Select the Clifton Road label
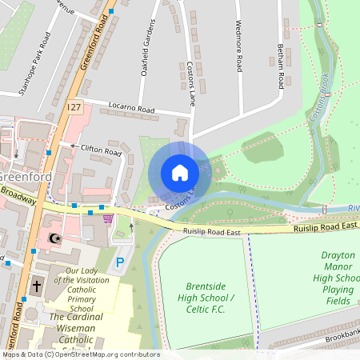tap(101, 150)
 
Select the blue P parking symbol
tap(121, 262)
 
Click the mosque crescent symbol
tap(54, 238)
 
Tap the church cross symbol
tap(36, 285)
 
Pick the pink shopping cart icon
tap(108, 217)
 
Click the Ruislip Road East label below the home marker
tap(210, 232)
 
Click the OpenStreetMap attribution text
tap(80, 354)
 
